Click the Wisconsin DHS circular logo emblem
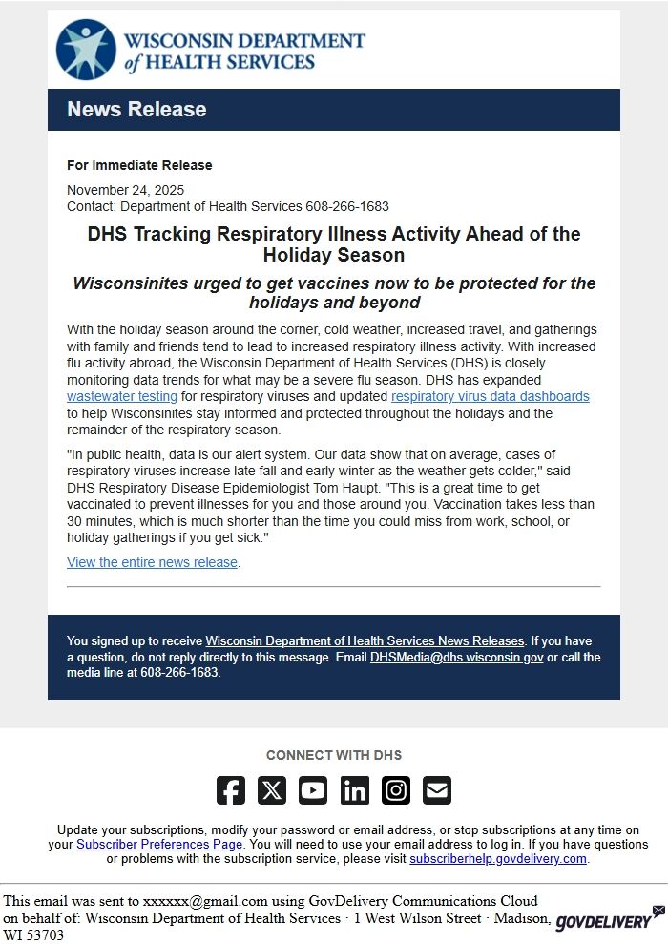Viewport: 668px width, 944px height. (x=87, y=50)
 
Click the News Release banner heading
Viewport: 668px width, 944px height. (x=136, y=110)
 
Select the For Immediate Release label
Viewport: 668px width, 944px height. (x=139, y=165)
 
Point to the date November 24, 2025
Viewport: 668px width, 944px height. (x=125, y=190)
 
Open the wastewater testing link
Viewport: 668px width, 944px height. (x=122, y=396)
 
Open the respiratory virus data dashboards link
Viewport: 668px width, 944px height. (x=490, y=396)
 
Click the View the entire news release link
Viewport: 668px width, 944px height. (x=152, y=562)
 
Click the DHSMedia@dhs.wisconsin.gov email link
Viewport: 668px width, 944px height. (x=457, y=658)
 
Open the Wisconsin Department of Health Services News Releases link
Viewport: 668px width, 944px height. (x=365, y=640)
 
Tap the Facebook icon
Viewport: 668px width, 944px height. (x=231, y=790)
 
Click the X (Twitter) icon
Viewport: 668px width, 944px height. (x=272, y=790)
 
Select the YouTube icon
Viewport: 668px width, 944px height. (x=313, y=790)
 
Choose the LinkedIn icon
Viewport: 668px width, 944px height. (x=355, y=790)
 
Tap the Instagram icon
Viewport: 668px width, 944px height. (x=396, y=790)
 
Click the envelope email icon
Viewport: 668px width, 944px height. (x=437, y=790)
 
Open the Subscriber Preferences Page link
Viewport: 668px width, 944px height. (x=159, y=845)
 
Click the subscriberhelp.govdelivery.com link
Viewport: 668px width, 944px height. (x=498, y=859)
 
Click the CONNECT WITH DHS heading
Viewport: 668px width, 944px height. (x=334, y=755)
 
